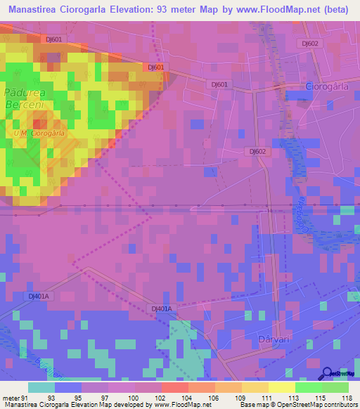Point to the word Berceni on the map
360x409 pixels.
click(25, 104)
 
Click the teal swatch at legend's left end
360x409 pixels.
click(41, 387)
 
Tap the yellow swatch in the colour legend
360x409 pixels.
click(282, 387)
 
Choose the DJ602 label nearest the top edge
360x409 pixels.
click(310, 43)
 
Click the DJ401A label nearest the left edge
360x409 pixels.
click(39, 296)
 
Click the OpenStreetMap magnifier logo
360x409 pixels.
click(327, 374)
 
